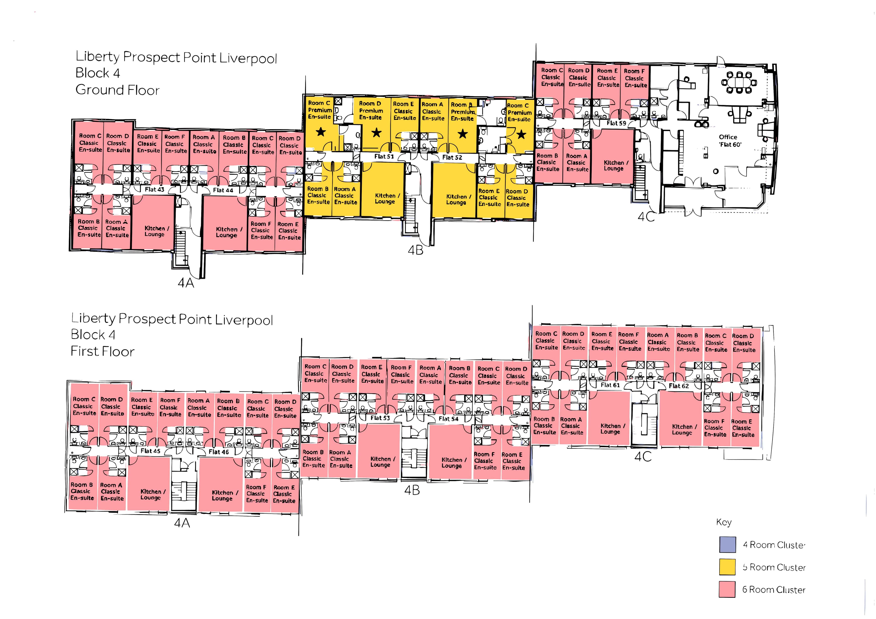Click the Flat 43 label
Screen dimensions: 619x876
tap(154, 189)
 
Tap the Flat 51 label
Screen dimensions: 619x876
tap(384, 156)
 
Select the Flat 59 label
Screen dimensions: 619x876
tap(616, 123)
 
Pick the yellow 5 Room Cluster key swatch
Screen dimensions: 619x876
tap(727, 567)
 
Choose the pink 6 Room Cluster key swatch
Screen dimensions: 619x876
tap(727, 590)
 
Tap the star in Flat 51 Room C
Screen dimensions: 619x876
tap(321, 132)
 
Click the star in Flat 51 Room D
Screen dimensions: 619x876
tap(377, 133)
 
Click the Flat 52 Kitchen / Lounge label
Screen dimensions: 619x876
tap(456, 199)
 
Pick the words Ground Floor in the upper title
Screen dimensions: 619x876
tap(117, 90)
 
